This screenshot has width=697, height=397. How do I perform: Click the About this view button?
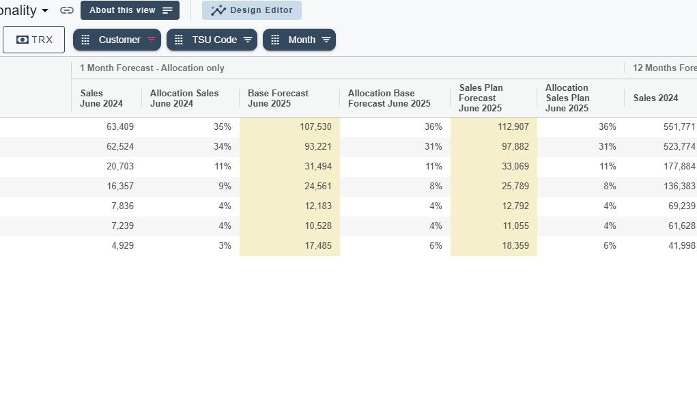click(130, 10)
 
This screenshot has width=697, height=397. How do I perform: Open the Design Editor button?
click(252, 10)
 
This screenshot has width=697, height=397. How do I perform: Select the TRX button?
click(33, 40)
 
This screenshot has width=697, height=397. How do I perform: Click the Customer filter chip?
click(117, 40)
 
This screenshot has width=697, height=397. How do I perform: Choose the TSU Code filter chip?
click(212, 40)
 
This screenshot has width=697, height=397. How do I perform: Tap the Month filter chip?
click(299, 40)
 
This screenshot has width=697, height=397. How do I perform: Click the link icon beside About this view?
click(67, 10)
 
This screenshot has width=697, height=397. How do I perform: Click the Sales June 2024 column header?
click(101, 98)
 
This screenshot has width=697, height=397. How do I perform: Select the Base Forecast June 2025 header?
click(279, 98)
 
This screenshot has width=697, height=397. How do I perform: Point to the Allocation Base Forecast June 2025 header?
click(389, 98)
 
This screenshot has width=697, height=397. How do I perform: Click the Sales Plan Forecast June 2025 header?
click(481, 98)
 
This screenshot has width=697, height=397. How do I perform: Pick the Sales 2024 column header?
click(655, 98)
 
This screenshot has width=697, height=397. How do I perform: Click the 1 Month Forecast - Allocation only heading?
click(152, 68)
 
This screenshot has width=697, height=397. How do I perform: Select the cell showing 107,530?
click(290, 127)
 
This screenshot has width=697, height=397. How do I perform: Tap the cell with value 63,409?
click(106, 127)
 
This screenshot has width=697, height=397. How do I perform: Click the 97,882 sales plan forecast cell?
click(494, 146)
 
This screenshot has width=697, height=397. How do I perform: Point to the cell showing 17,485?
click(290, 246)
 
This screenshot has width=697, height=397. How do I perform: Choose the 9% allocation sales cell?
click(190, 186)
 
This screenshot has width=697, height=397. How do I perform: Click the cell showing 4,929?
click(106, 246)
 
